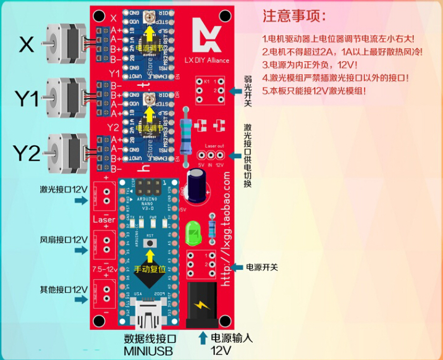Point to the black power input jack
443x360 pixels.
point(201,304)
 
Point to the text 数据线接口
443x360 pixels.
point(151,339)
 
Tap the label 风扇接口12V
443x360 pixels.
point(64,240)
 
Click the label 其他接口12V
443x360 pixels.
point(64,289)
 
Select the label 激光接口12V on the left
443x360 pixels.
point(64,190)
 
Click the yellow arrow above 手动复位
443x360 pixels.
point(149,256)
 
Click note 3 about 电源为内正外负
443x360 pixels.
point(309,64)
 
